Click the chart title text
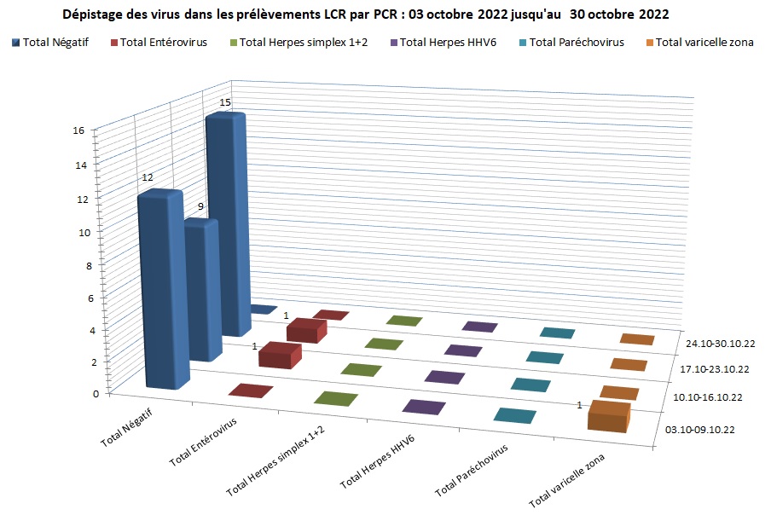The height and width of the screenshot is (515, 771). (366, 14)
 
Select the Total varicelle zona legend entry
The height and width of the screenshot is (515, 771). (704, 43)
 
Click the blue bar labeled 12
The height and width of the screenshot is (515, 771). (160, 290)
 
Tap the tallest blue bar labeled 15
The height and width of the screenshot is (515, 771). (228, 222)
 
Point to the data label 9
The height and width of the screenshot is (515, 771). (200, 207)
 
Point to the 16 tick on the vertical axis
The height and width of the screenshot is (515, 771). (78, 131)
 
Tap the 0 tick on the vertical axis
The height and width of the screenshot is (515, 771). (83, 393)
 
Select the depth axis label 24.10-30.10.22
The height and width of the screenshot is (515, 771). (722, 344)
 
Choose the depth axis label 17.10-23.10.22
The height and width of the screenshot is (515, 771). (714, 369)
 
